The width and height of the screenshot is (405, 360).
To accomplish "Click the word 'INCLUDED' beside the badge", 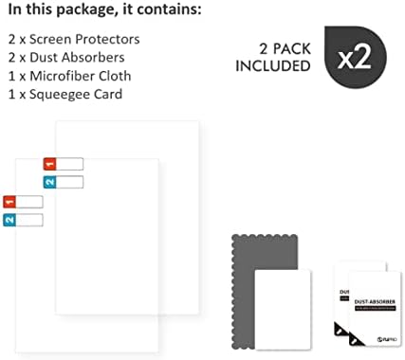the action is click(275, 66).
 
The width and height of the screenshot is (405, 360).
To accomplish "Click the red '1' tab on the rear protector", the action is click(49, 163).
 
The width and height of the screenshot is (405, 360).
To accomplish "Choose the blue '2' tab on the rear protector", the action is click(49, 182).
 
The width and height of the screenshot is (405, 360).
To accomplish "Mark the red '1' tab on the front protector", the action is click(9, 202).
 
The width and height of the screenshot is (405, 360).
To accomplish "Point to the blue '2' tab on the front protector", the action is click(9, 221).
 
